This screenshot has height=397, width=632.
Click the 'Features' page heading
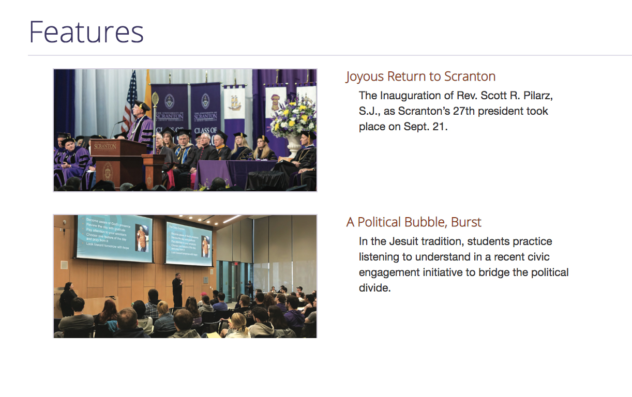pyautogui.click(x=86, y=32)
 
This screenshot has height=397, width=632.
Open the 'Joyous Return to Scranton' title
pyautogui.click(x=420, y=77)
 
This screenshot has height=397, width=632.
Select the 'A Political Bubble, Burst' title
pyautogui.click(x=414, y=222)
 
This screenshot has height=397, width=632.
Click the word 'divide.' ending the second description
pyautogui.click(x=374, y=288)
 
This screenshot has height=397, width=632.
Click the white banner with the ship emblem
pyautogui.click(x=234, y=109)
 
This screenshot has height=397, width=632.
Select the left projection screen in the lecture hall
pyautogui.click(x=114, y=238)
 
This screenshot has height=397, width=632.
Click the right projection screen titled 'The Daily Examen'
pyautogui.click(x=189, y=243)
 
